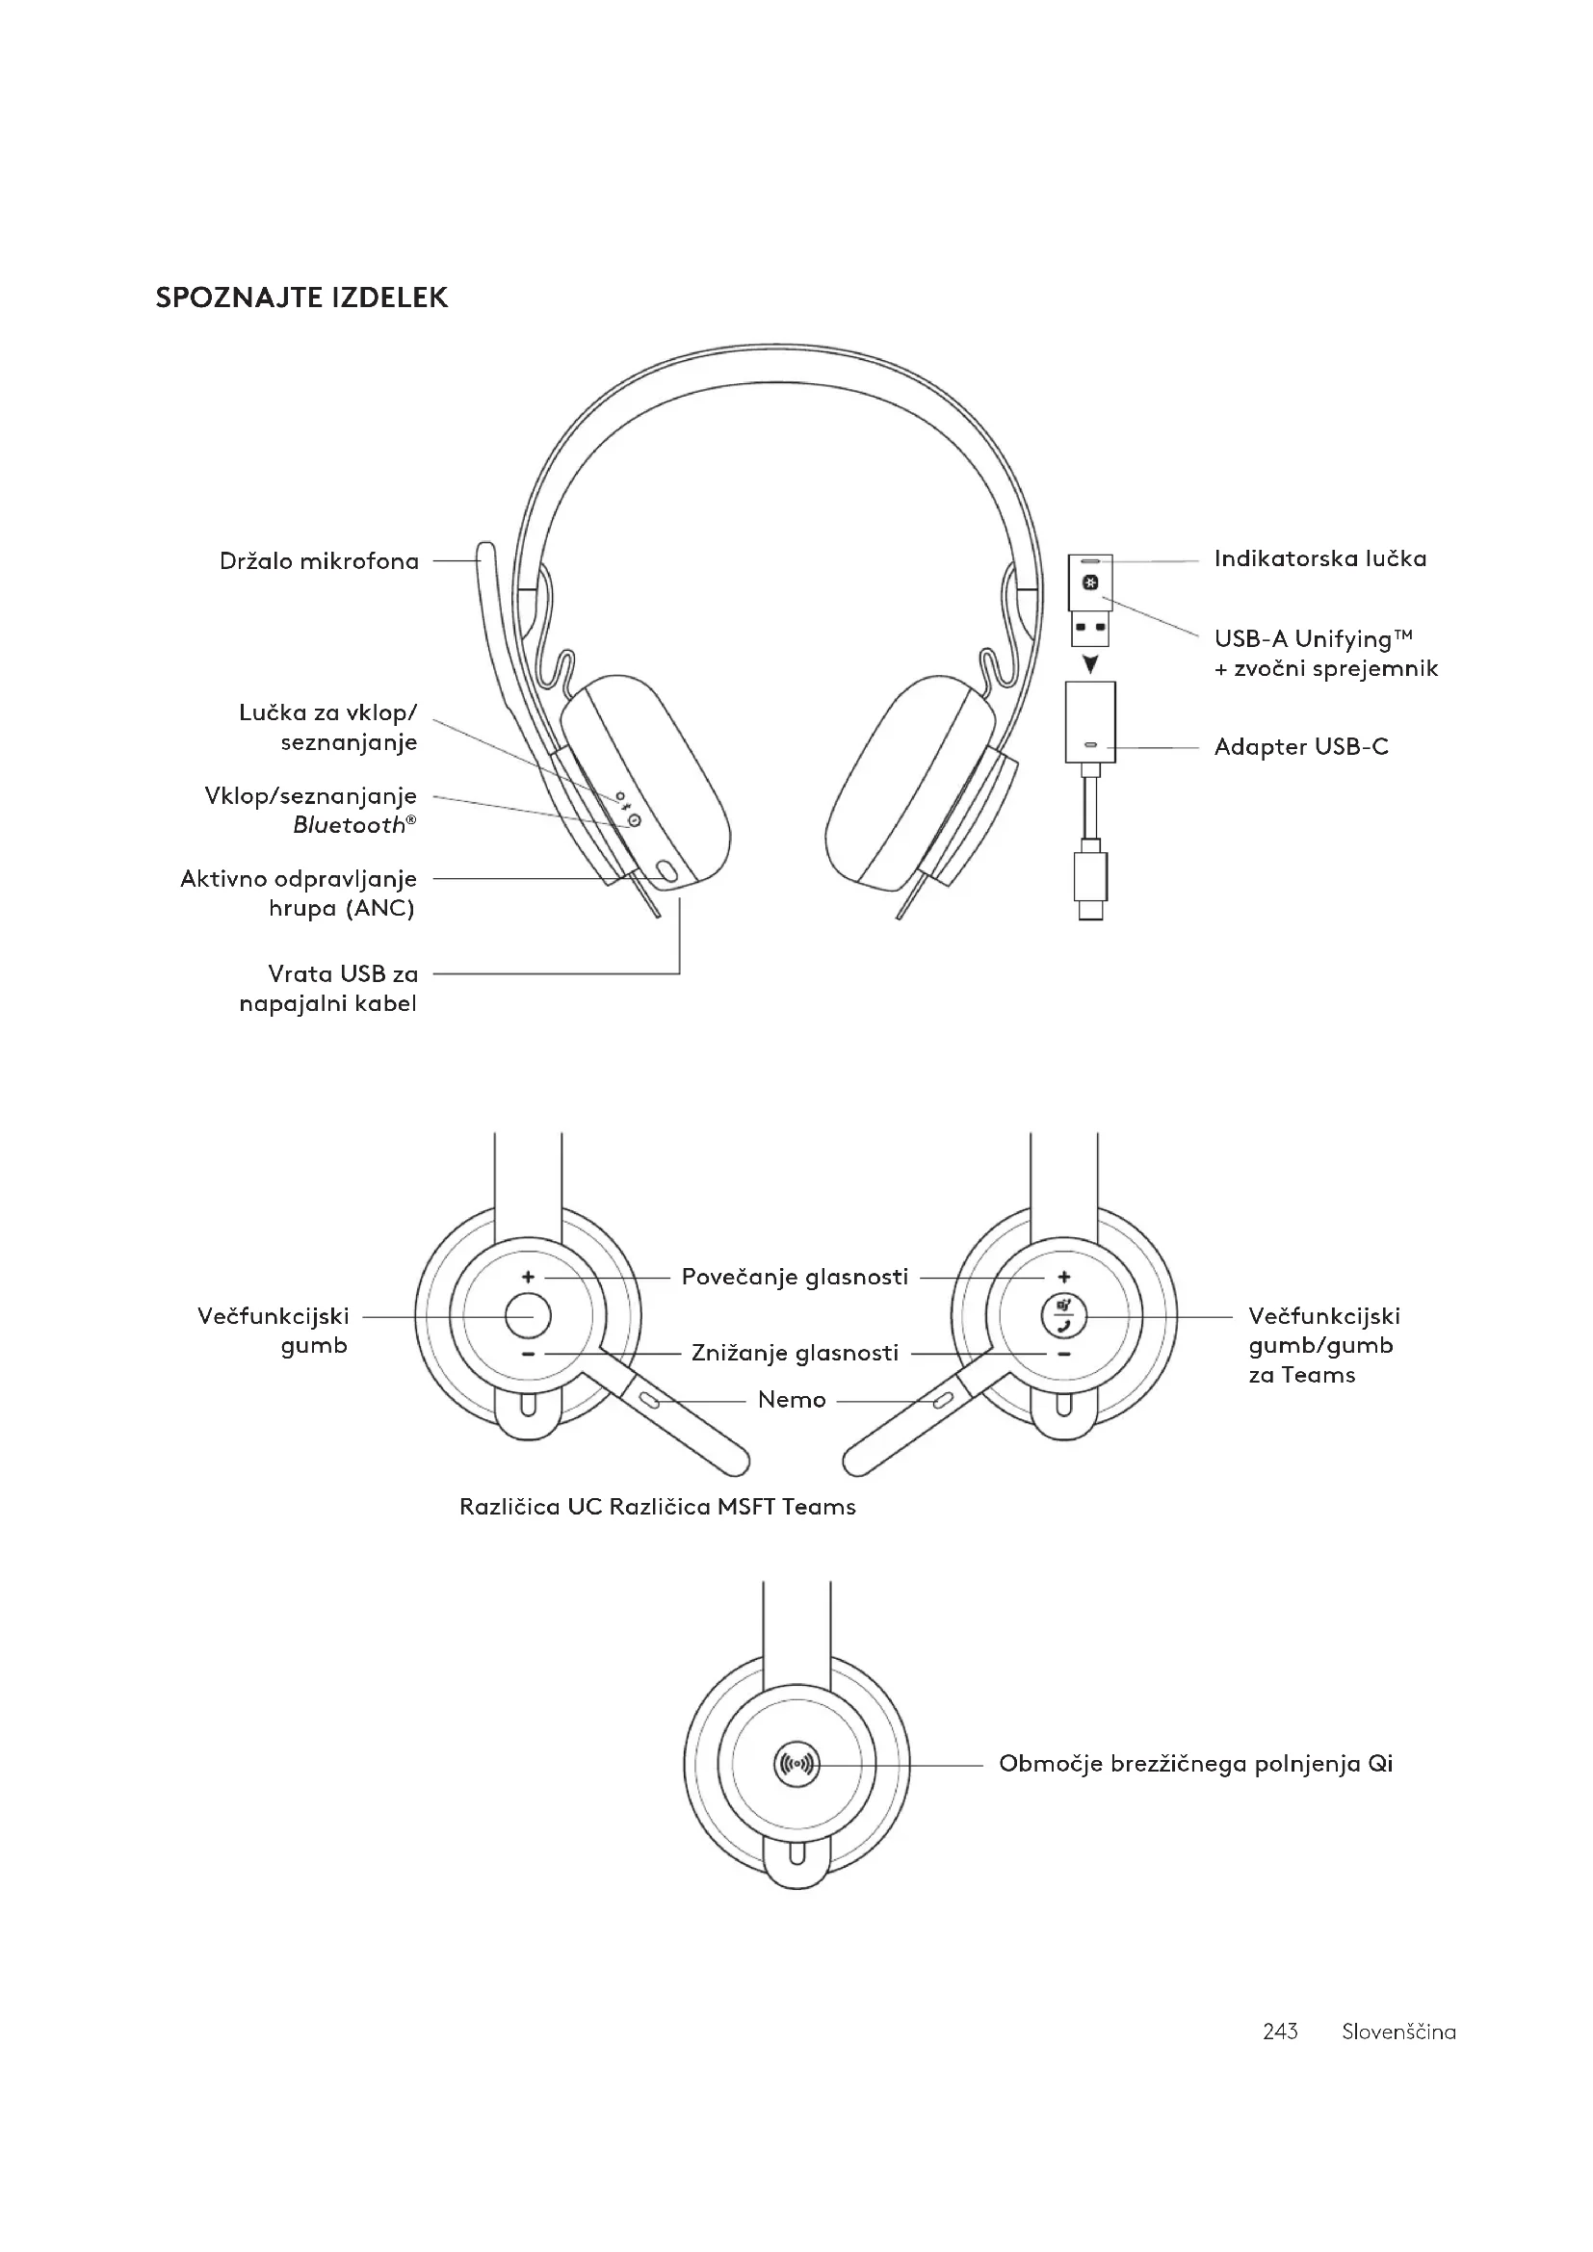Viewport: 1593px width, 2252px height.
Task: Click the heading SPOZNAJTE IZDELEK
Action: [301, 298]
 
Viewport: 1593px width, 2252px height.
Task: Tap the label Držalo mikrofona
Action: [319, 561]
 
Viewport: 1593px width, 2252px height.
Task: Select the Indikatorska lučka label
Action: [1319, 558]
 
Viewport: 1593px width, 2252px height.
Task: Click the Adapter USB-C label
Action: [1300, 746]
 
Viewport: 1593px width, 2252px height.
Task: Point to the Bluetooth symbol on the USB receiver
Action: [1090, 582]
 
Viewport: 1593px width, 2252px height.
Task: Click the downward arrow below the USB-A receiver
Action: [1090, 665]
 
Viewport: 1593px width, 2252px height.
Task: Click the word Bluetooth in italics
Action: [350, 826]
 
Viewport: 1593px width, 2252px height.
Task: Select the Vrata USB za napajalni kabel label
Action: [328, 988]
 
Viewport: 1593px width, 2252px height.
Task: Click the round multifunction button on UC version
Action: [528, 1315]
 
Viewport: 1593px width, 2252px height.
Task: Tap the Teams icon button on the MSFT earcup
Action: [1064, 1315]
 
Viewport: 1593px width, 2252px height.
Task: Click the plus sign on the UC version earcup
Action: [528, 1277]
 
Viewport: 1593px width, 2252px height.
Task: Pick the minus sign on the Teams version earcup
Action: [1064, 1355]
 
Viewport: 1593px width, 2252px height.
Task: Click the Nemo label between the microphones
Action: [792, 1400]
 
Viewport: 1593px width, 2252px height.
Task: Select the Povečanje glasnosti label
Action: [795, 1277]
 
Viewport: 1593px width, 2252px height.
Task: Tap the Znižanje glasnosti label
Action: [795, 1354]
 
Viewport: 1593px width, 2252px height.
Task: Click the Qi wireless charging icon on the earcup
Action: [796, 1764]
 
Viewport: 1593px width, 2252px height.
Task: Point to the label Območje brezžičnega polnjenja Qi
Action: [1194, 1764]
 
